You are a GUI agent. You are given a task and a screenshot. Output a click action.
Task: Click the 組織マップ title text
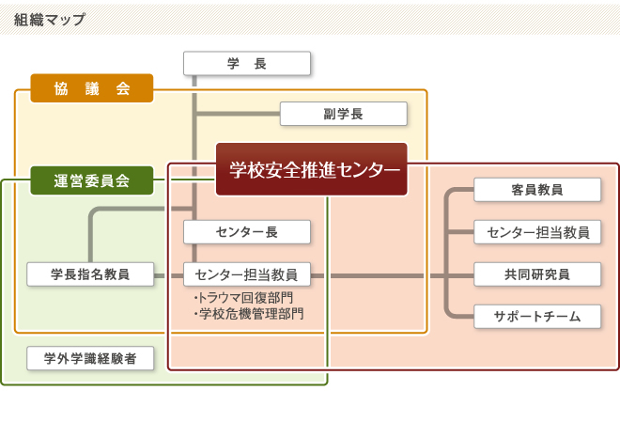[x=50, y=19]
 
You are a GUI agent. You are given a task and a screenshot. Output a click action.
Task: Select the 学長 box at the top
[x=247, y=64]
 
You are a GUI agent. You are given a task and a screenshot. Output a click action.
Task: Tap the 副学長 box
[x=344, y=114]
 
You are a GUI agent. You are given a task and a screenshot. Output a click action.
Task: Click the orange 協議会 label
[x=92, y=87]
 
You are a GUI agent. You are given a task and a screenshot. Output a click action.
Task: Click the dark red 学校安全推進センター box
[x=312, y=169]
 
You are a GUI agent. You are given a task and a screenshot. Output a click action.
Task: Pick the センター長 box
[x=247, y=231]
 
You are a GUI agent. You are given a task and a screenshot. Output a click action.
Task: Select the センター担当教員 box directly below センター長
[x=247, y=274]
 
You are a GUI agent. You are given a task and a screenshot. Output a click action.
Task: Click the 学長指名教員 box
[x=90, y=274]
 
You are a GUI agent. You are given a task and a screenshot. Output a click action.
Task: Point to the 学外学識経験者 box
[x=90, y=358]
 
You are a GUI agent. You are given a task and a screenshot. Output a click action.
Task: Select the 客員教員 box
[x=537, y=190]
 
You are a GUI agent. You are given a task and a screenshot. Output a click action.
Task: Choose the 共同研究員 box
[x=537, y=274]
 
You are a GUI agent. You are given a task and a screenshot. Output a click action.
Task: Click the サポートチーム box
[x=537, y=317]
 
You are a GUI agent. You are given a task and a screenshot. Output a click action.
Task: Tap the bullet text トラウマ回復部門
[x=245, y=298]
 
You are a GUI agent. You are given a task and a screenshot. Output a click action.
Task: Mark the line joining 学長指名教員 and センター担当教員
[x=169, y=275]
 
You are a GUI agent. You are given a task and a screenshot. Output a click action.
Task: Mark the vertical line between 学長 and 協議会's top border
[x=194, y=83]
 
